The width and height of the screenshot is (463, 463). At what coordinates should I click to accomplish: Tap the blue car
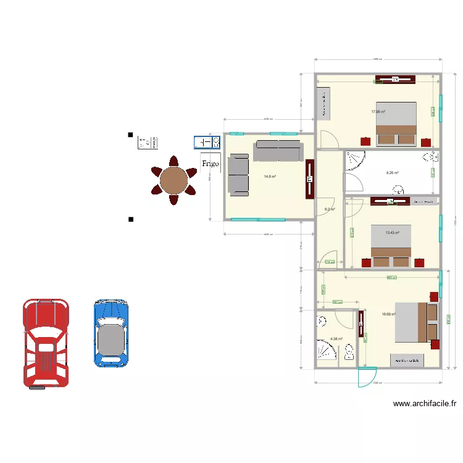tap(111, 333)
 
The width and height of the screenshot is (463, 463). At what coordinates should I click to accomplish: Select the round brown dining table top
tap(174, 181)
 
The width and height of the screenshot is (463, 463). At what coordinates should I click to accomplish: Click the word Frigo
tap(210, 164)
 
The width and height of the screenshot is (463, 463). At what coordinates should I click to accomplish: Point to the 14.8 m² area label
tap(270, 177)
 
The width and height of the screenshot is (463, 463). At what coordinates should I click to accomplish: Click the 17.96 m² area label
tap(378, 112)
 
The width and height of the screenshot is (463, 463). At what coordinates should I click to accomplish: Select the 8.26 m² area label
tap(392, 173)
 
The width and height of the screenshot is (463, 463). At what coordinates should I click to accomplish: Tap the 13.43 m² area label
tap(392, 233)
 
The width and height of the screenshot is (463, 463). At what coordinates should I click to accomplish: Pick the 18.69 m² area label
tap(388, 314)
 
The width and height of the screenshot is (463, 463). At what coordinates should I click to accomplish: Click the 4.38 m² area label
tap(336, 339)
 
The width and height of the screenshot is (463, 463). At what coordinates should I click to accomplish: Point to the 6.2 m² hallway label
tap(330, 209)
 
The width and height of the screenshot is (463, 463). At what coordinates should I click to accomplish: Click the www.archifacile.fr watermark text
tap(425, 404)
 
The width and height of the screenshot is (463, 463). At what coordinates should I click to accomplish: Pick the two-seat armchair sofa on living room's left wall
tap(238, 175)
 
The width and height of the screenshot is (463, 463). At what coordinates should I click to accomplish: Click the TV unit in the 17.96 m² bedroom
tap(395, 79)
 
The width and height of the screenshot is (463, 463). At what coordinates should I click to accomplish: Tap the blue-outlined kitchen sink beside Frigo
tap(207, 143)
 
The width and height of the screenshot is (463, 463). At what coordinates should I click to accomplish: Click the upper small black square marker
tap(130, 135)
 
